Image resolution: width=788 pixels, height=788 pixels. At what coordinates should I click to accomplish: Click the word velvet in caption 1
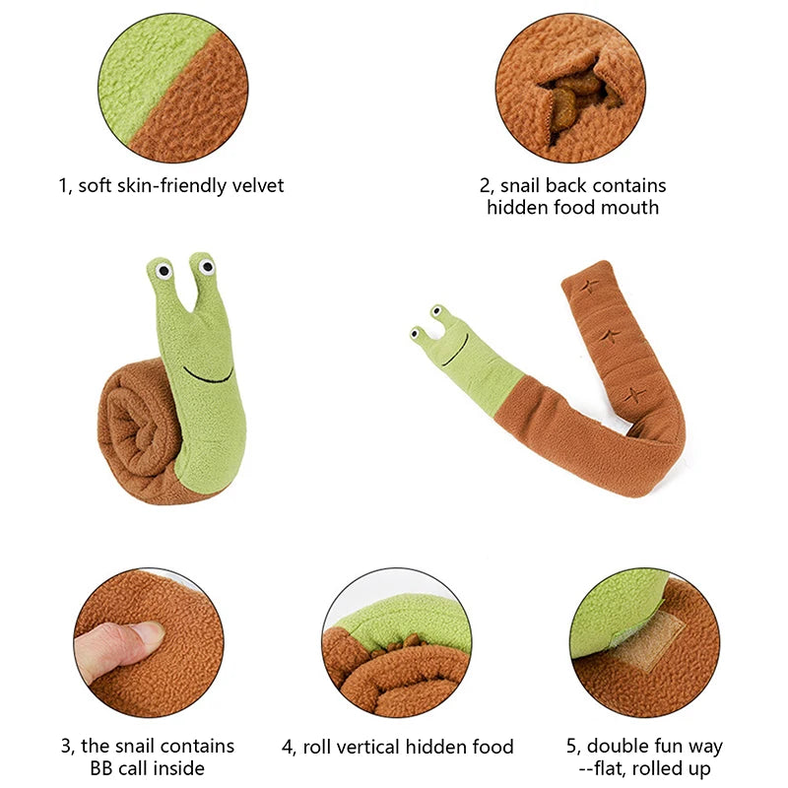256,185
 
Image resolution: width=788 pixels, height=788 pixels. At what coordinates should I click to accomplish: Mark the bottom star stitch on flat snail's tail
627,397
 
